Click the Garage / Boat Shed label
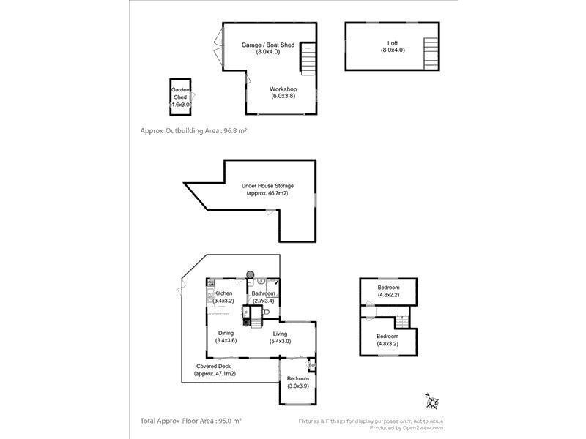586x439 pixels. (268, 45)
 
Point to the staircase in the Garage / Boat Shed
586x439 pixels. (308, 57)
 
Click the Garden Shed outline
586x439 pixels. (180, 97)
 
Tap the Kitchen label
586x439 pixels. (223, 293)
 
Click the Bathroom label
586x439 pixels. (263, 293)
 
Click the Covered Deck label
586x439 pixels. (215, 366)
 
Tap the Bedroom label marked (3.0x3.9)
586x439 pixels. (298, 378)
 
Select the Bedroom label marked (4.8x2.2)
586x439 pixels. (388, 288)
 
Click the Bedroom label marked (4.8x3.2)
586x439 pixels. (388, 335)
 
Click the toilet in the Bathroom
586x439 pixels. (266, 312)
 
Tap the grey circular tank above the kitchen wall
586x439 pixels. (250, 275)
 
